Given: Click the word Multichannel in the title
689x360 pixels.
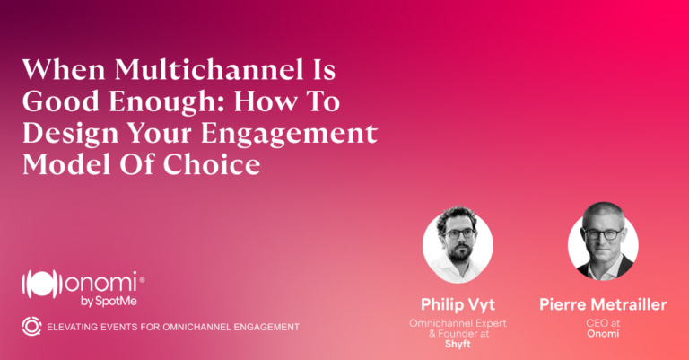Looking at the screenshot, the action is pyautogui.click(x=209, y=69).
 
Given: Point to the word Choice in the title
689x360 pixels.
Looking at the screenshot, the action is pyautogui.click(x=212, y=164).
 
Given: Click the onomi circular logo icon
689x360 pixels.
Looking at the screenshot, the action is pyautogui.click(x=39, y=284).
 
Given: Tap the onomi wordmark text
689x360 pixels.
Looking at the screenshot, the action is pyautogui.click(x=101, y=282).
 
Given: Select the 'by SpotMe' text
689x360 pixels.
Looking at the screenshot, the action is pyautogui.click(x=109, y=302).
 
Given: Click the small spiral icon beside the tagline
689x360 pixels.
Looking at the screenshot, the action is pyautogui.click(x=31, y=327).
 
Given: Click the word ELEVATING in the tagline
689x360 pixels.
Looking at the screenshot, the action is pyautogui.click(x=73, y=327).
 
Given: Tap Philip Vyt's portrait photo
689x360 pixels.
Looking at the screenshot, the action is pyautogui.click(x=458, y=244).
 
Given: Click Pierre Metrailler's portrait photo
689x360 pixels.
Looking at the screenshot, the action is pyautogui.click(x=603, y=241).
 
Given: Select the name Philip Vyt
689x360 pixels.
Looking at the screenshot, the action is pyautogui.click(x=458, y=304).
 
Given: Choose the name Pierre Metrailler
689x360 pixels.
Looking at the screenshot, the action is pyautogui.click(x=603, y=304).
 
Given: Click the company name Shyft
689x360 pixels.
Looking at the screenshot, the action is pyautogui.click(x=458, y=344).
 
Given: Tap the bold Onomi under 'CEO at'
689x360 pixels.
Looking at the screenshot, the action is pyautogui.click(x=603, y=334).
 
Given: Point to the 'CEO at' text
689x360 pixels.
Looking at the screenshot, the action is pyautogui.click(x=603, y=323).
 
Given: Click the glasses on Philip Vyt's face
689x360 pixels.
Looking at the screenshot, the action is pyautogui.click(x=459, y=233).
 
